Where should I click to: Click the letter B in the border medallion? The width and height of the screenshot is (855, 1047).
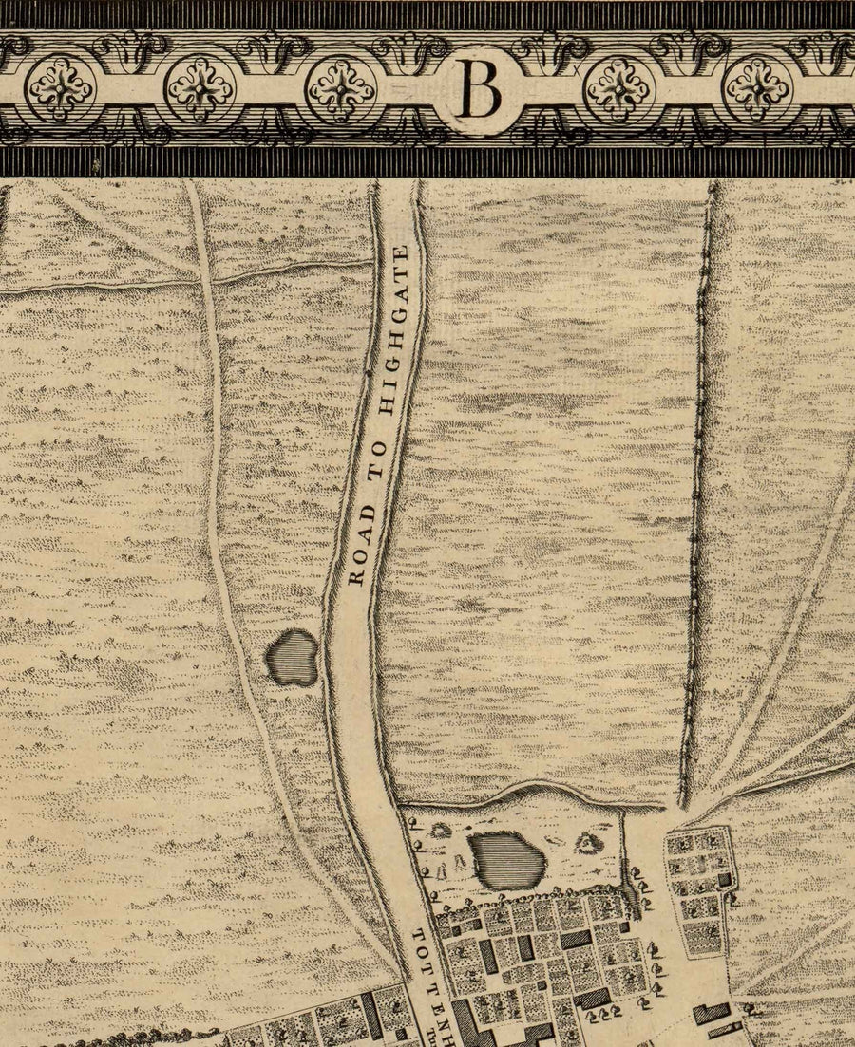tap(481, 89)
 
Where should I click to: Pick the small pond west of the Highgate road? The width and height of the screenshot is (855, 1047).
tap(292, 657)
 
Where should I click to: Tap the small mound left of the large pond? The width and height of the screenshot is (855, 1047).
tap(440, 831)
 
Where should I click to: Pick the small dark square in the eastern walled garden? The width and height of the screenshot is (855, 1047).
tap(726, 879)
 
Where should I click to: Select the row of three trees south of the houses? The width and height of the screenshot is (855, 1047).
tap(600, 1016)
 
